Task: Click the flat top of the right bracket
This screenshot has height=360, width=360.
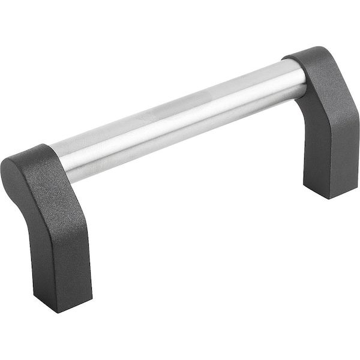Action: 309,57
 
